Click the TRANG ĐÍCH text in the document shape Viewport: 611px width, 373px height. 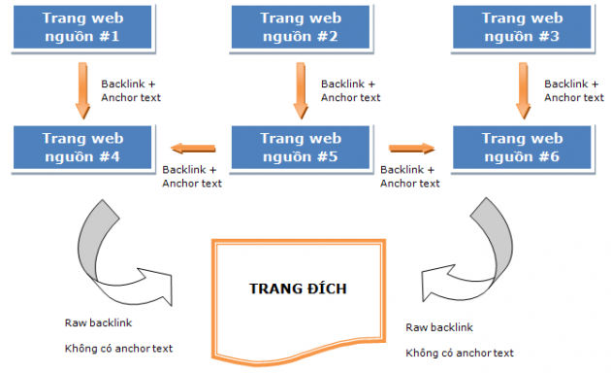coord(299,289)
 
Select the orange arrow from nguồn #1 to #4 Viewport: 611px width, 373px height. coord(80,90)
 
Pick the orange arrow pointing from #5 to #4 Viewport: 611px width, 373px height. coord(193,149)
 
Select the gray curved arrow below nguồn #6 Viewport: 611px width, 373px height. coord(475,248)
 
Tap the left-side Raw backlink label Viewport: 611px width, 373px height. coord(96,322)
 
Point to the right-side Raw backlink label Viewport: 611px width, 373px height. coord(437,327)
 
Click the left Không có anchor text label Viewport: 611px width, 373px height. coord(118,348)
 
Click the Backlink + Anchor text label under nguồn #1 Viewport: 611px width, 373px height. coord(131,90)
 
